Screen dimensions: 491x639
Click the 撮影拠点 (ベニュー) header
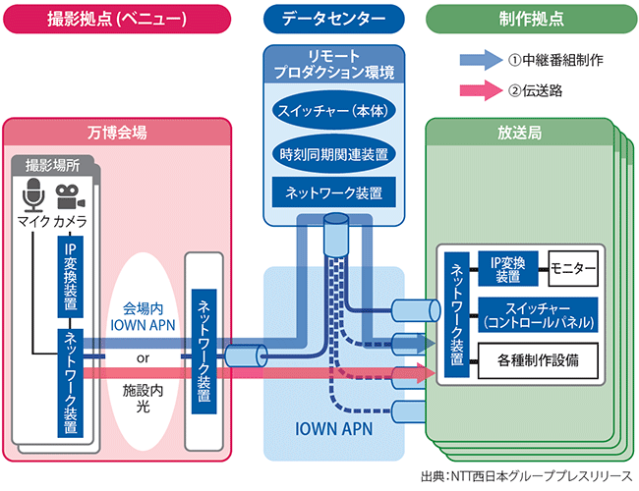click(x=116, y=18)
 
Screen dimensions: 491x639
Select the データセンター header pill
click(x=333, y=18)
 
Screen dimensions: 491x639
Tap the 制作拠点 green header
click(x=529, y=18)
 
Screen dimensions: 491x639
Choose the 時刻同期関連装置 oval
click(x=332, y=153)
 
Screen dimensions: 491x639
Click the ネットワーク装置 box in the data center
click(x=332, y=191)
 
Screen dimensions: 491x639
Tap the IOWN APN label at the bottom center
click(x=333, y=429)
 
